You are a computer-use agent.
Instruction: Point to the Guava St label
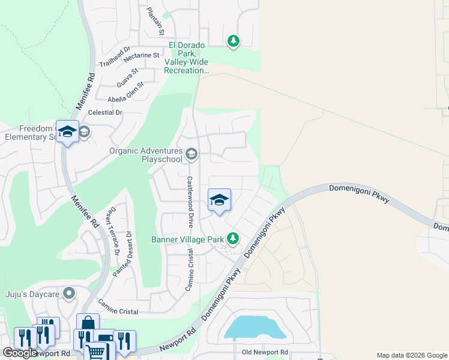(x=128, y=76)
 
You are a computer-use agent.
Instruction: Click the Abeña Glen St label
(x=126, y=92)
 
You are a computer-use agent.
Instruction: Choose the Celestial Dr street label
(x=105, y=112)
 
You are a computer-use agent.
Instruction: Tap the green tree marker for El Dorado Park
(x=234, y=41)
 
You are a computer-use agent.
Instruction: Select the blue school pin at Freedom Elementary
(x=67, y=133)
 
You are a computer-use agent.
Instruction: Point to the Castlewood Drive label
(x=190, y=202)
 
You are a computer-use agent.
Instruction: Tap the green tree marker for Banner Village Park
(x=232, y=239)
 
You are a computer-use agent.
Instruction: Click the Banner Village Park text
(x=187, y=240)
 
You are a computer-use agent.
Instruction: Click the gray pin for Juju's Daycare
(x=70, y=293)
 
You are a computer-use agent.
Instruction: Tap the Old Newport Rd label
(x=265, y=352)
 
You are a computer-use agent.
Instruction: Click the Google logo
(x=20, y=353)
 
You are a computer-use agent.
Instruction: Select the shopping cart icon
(x=95, y=351)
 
